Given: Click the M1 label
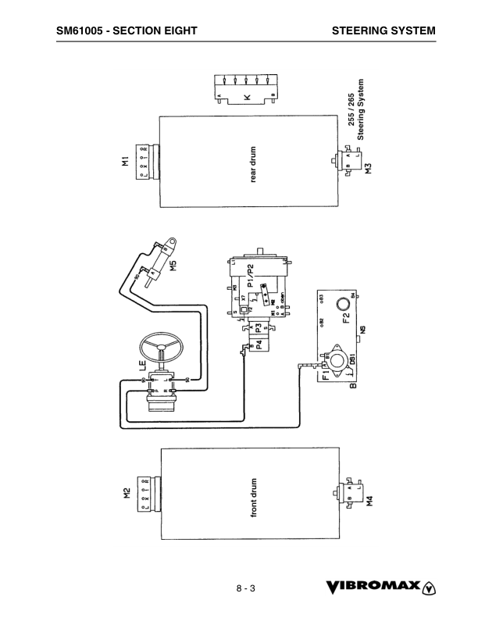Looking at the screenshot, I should [125, 163].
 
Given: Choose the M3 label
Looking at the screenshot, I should [368, 166].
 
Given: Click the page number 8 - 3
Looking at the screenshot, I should [247, 588].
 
